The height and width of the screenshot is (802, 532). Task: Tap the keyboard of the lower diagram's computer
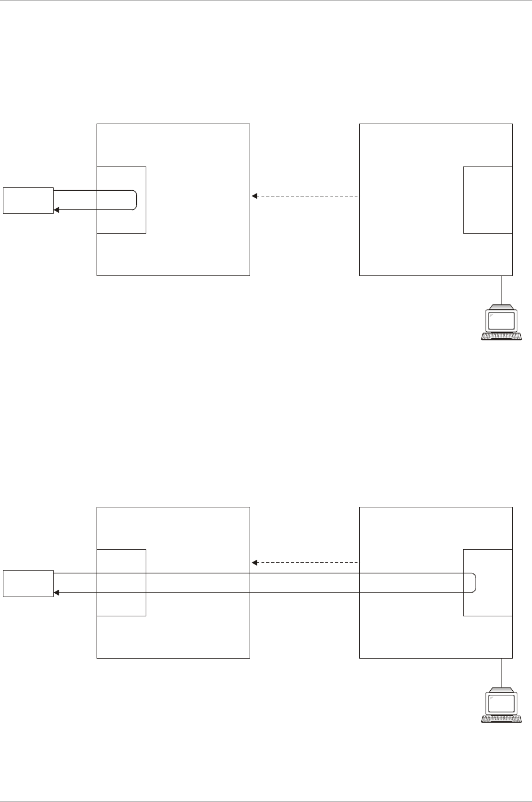[502, 336]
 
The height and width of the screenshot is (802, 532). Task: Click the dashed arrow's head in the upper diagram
[254, 196]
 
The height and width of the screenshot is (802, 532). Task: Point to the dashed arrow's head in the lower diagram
[254, 563]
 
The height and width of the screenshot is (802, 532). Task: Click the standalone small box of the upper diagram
[28, 200]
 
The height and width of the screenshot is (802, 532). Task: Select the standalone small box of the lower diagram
[28, 583]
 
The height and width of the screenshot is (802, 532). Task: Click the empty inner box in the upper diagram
[487, 200]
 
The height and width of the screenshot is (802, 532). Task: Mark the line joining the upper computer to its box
[502, 290]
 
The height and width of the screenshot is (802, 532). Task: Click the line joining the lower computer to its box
[502, 672]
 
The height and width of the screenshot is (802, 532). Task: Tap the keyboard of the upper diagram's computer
[502, 336]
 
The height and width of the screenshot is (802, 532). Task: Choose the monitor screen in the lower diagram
[502, 703]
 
